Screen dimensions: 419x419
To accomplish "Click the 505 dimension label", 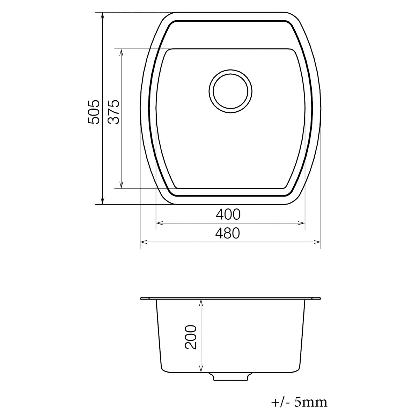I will [x=94, y=112].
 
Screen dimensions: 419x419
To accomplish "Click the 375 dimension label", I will [x=114, y=112].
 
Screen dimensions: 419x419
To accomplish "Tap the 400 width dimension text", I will [x=228, y=214].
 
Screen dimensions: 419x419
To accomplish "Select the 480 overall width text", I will [x=228, y=233].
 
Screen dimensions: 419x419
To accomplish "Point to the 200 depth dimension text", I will [x=191, y=337].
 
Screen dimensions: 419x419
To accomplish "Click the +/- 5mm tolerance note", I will [x=299, y=402].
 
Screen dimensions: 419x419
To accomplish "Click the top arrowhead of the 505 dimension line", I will [x=102, y=16].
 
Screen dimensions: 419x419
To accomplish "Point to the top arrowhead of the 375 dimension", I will [x=121, y=52].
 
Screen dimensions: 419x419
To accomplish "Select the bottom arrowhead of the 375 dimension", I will [x=121, y=185].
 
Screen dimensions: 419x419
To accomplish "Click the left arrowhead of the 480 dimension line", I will [x=143, y=241].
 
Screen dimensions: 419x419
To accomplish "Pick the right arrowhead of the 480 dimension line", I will [x=317, y=241].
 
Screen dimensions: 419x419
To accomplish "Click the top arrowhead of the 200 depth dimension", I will [x=201, y=303].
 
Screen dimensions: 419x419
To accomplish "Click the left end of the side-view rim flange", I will [x=142, y=299].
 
